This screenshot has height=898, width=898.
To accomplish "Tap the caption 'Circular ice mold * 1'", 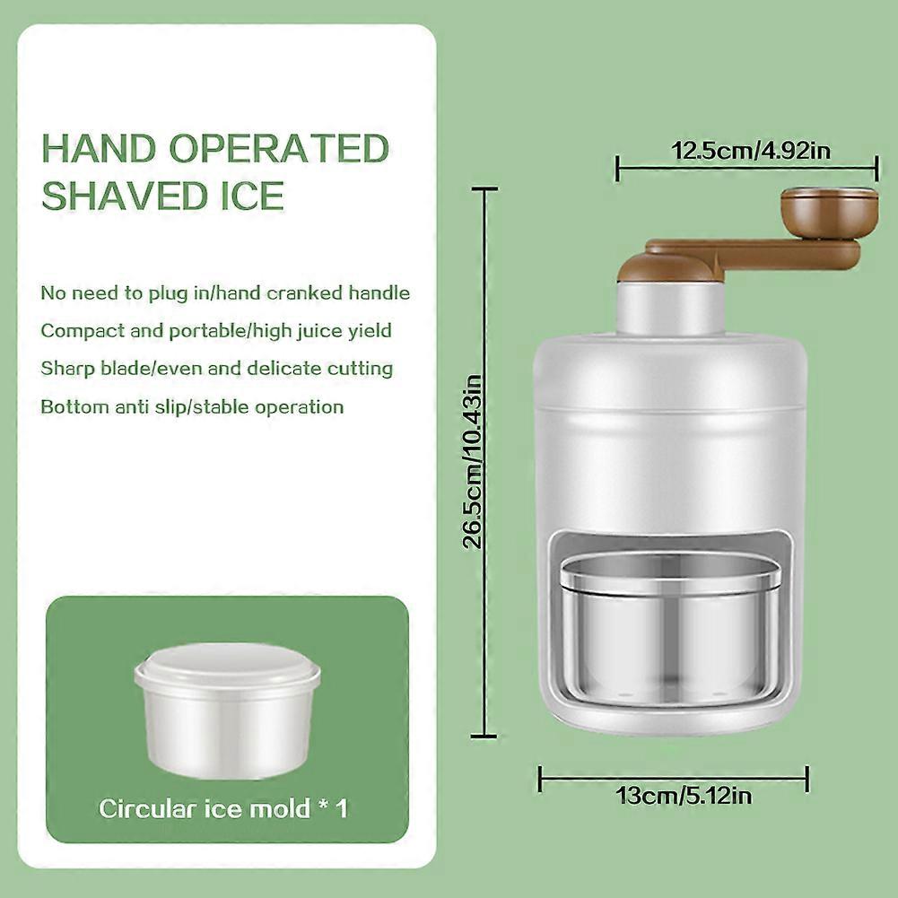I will [x=223, y=808].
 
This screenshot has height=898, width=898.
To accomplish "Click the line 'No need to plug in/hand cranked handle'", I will [x=225, y=293].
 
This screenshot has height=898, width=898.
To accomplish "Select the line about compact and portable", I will [x=216, y=331].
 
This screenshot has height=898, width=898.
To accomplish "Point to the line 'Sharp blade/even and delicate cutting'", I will [x=217, y=369].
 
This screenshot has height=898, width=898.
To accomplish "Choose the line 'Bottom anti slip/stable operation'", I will [x=192, y=407].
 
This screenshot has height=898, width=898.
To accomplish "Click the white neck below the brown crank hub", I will [x=665, y=307].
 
